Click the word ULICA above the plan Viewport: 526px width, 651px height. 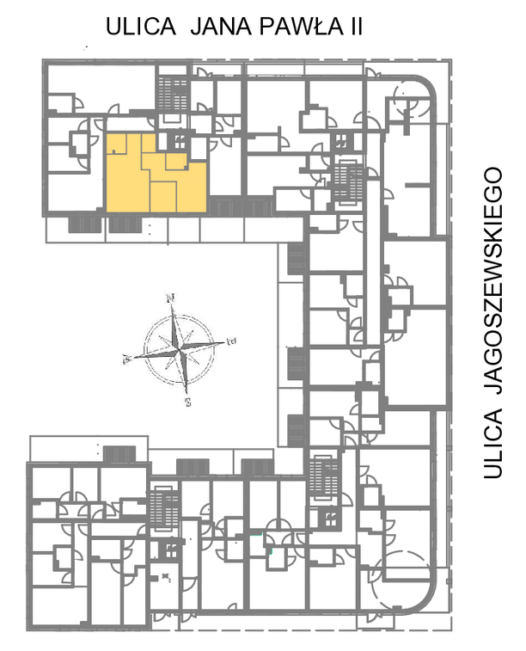(141, 27)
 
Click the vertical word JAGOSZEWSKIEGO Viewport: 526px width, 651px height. (493, 280)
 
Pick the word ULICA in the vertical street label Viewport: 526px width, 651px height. (493, 444)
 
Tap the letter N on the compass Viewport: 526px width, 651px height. (170, 298)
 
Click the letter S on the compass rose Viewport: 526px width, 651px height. (188, 402)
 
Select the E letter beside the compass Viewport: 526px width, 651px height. (231, 341)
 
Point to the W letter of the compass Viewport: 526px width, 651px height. (127, 359)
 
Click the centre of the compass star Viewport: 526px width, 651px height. (180, 350)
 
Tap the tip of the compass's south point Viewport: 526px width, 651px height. (187, 394)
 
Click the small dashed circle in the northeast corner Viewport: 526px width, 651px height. (413, 101)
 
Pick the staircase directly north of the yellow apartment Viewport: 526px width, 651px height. (173, 94)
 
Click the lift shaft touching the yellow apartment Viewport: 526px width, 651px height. (180, 142)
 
